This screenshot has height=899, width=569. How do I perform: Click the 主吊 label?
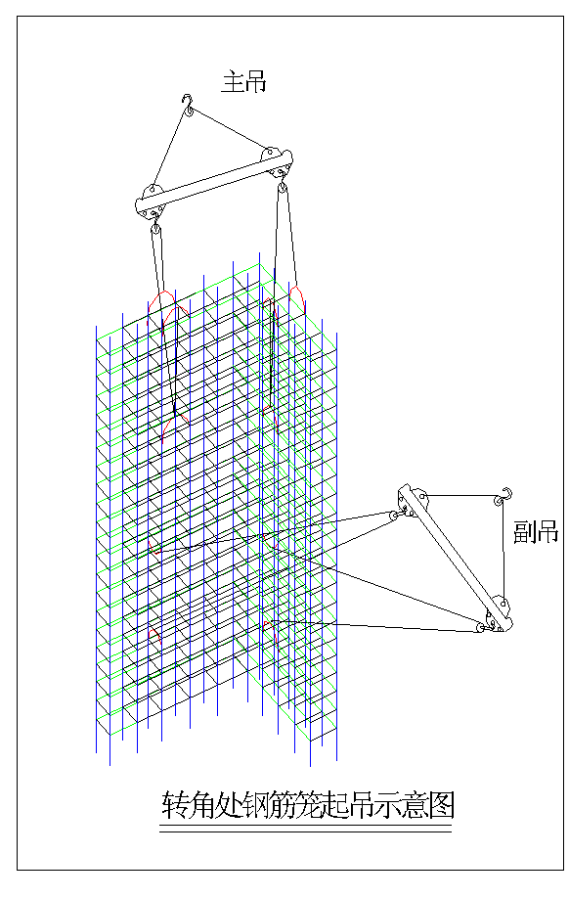coord(244,81)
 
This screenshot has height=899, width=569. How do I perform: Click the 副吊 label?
coord(536,532)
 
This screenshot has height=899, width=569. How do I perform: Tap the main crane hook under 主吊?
coord(188,105)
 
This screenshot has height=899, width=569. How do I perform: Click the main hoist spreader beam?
coord(213,183)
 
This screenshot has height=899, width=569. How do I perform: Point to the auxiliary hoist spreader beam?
coord(456,559)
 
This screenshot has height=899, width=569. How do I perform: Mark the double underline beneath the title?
coord(305,829)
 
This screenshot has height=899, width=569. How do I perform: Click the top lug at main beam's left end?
coord(152,191)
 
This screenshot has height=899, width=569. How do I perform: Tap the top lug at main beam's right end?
coord(268,155)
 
